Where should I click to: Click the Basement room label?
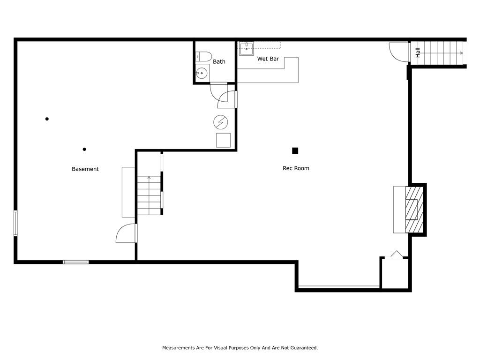tap(85, 169)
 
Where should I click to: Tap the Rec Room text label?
tap(296, 168)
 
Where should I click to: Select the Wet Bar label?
tap(268, 59)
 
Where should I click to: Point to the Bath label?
tap(219, 61)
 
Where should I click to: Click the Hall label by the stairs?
tap(418, 52)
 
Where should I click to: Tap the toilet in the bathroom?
tap(203, 56)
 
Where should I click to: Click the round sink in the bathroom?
tap(202, 73)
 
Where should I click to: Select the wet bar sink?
tap(247, 48)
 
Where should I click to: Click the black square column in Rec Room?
tap(295, 150)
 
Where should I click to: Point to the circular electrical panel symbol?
tap(221, 122)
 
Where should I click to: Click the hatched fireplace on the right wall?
tap(414, 210)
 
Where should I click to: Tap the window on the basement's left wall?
tap(15, 223)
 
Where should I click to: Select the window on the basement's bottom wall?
tap(75, 262)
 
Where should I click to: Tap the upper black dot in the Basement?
tap(47, 119)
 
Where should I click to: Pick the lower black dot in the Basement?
tap(84, 150)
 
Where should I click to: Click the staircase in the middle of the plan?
tap(149, 195)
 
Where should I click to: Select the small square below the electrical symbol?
tap(224, 141)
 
